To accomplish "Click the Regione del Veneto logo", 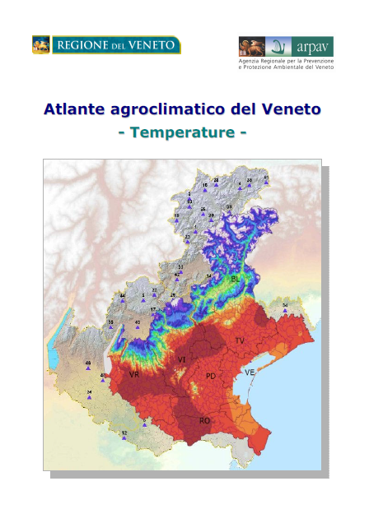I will tap(106, 45).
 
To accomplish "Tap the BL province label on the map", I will tap(236, 280).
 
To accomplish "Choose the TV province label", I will tap(240, 340).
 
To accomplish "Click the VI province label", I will tap(181, 360).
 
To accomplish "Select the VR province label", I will tap(134, 374).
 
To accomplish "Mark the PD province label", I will tap(211, 376).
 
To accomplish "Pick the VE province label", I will tap(250, 372).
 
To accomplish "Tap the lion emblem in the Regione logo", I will tap(41, 45).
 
